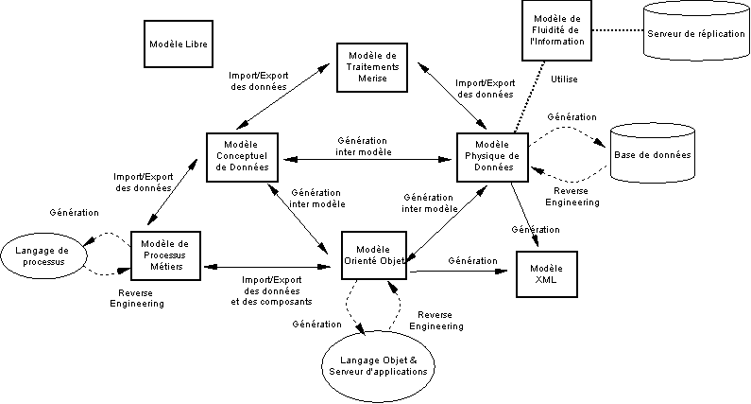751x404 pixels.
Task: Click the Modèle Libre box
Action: tap(179, 44)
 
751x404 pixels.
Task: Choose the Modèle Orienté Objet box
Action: tap(375, 255)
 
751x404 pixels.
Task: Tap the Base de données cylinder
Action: tap(652, 153)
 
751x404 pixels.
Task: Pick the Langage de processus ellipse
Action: tap(45, 254)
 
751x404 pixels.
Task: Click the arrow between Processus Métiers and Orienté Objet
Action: tap(272, 268)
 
